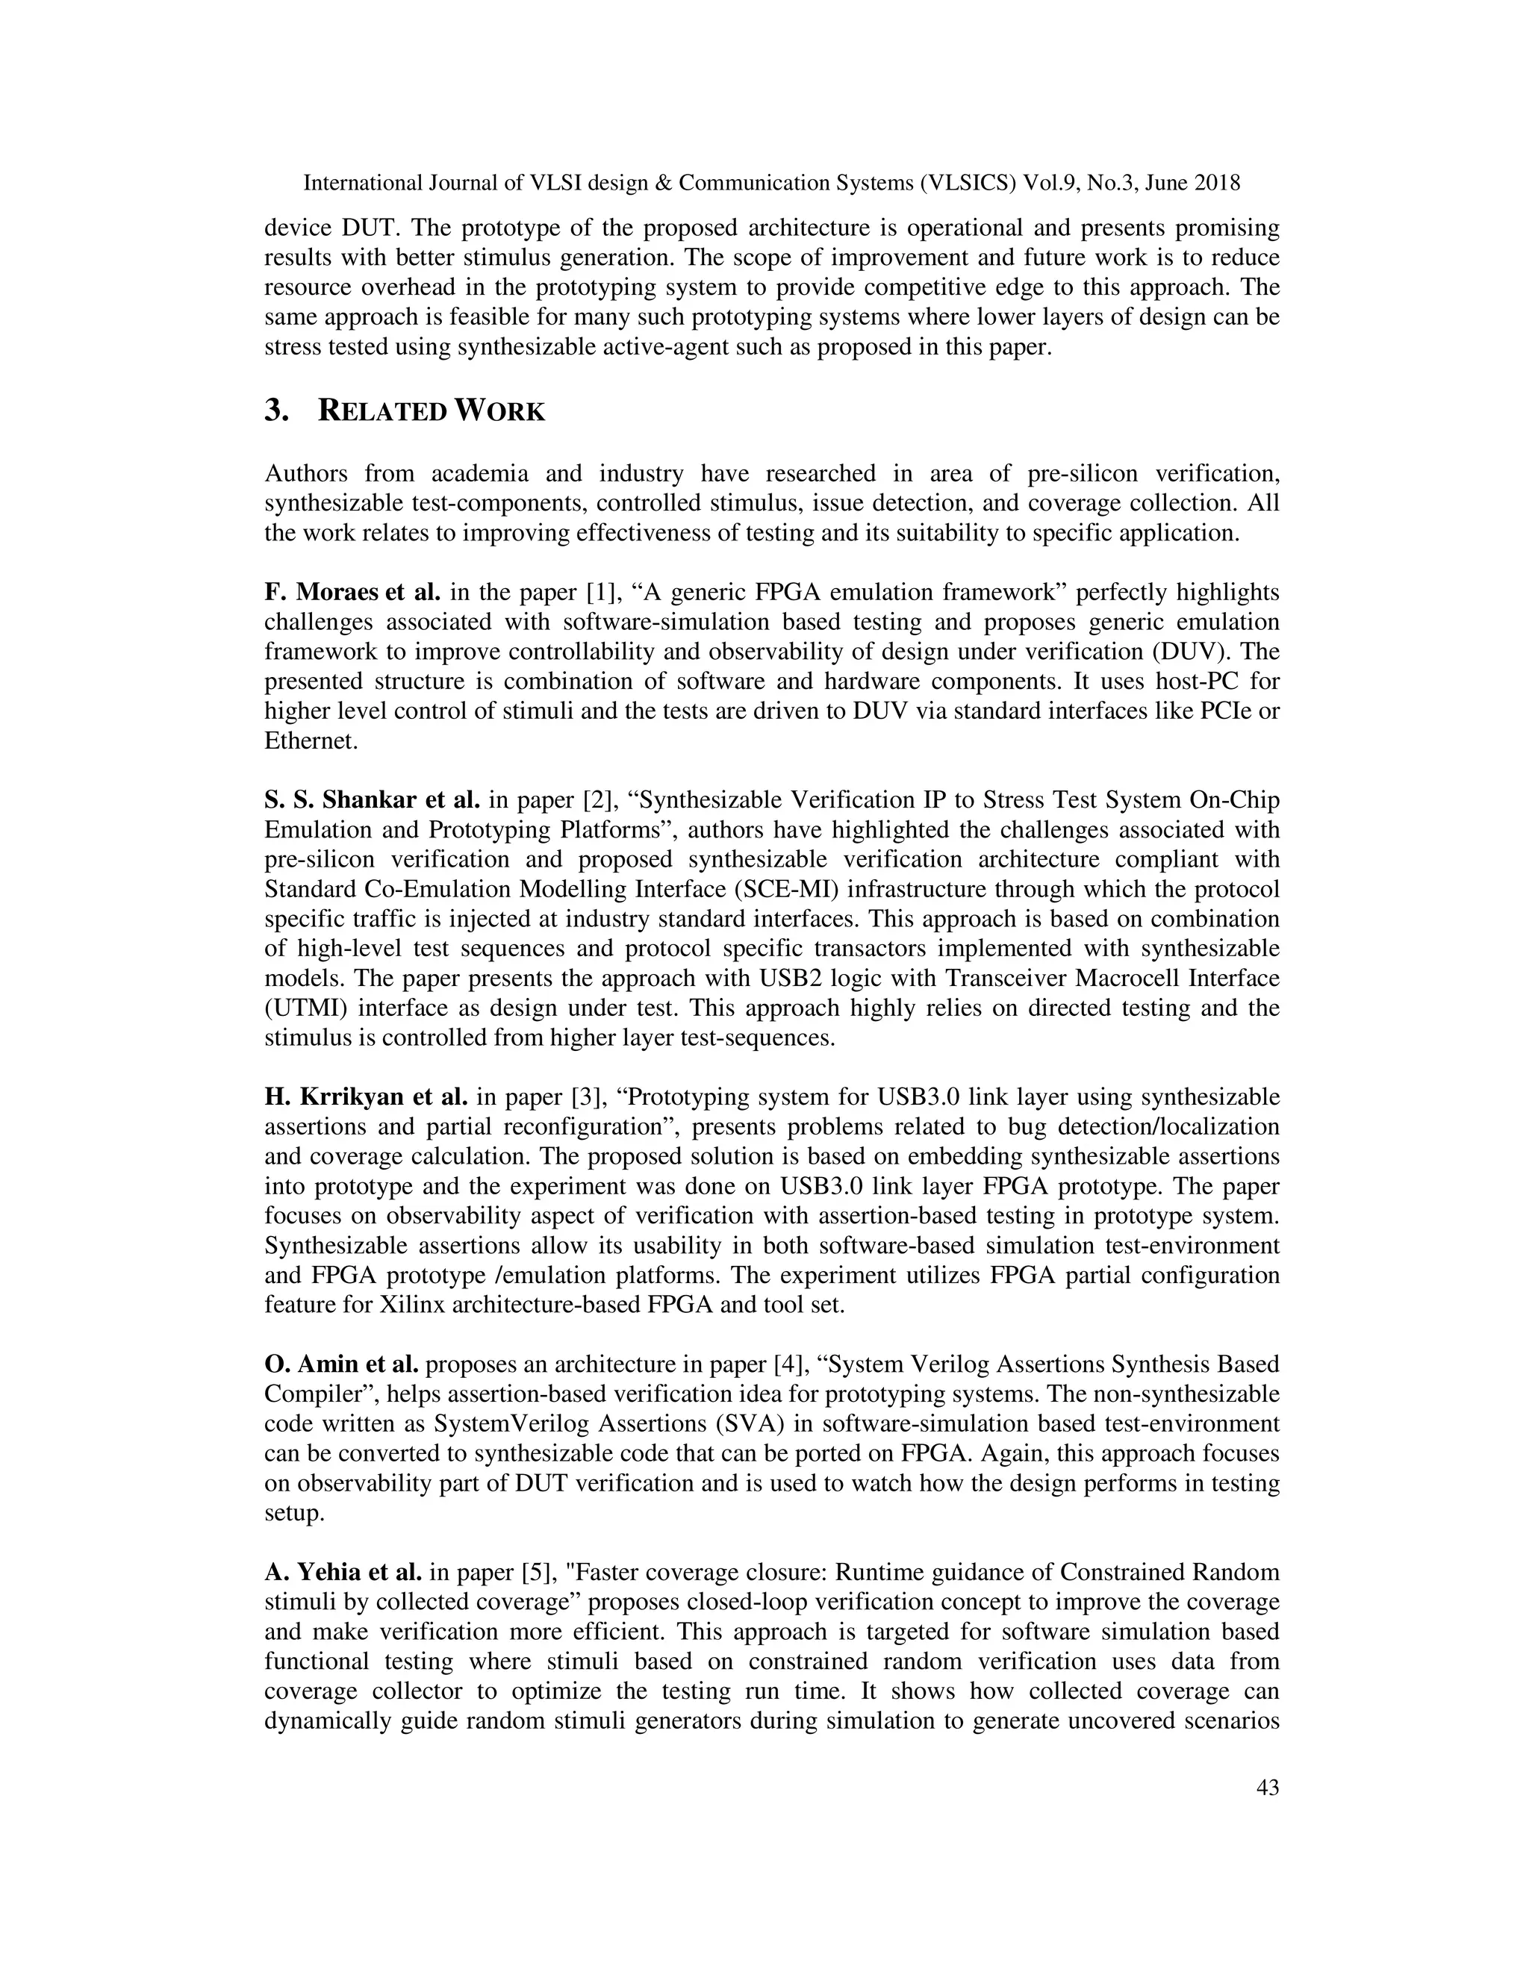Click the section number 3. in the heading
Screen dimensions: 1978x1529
point(276,411)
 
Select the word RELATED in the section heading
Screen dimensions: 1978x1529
point(382,411)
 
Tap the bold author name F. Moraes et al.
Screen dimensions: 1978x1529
point(352,593)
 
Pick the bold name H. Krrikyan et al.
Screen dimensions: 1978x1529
point(366,1098)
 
